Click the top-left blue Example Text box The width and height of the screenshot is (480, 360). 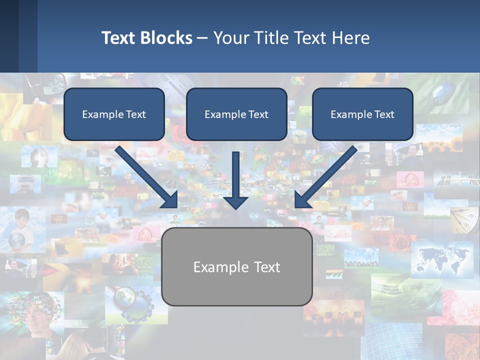pyautogui.click(x=114, y=114)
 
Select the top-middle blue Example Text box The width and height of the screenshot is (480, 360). pyautogui.click(x=236, y=114)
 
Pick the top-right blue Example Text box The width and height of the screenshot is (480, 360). pyautogui.click(x=362, y=114)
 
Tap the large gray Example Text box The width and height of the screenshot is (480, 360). pyautogui.click(x=236, y=267)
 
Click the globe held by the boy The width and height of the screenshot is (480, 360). pyautogui.click(x=16, y=240)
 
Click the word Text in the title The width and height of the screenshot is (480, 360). pyautogui.click(x=118, y=37)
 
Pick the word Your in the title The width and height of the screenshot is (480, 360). pyautogui.click(x=230, y=37)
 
